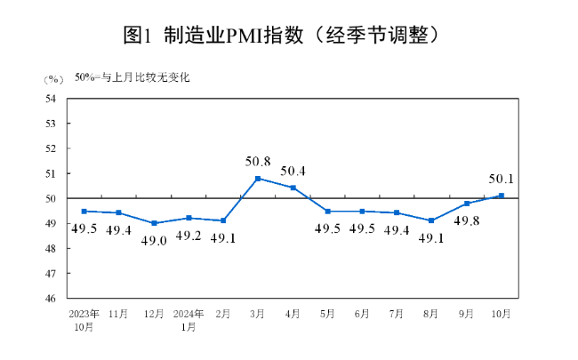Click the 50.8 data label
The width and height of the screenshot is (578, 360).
258,162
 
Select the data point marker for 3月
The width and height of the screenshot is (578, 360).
258,179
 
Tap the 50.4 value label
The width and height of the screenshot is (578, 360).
293,171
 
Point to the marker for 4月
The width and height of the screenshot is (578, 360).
293,188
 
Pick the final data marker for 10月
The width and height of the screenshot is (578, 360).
502,196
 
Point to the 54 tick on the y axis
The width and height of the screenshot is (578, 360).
51,99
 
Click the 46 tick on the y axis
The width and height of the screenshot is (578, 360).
51,299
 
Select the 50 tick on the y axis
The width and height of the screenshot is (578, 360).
51,198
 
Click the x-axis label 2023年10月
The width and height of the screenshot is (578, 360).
84,320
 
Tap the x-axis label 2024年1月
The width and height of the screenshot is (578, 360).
189,320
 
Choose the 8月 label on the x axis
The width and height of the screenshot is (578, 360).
432,314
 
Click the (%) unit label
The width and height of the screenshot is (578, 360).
52,79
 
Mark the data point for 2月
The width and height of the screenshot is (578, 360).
223,220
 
